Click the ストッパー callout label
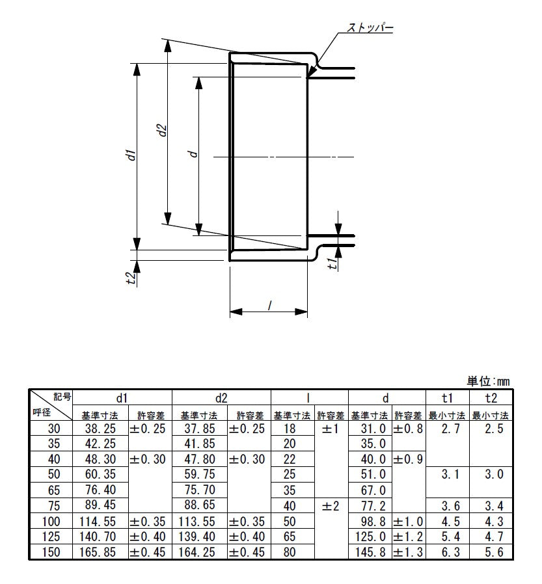(x=370, y=27)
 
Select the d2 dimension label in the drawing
(x=161, y=130)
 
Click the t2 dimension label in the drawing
(x=129, y=278)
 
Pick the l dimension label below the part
(x=269, y=305)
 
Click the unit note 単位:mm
(x=488, y=381)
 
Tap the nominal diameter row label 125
(x=51, y=537)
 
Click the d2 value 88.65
(x=200, y=505)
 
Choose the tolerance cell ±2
(x=330, y=506)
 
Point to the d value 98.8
(x=370, y=522)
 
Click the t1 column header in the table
(x=447, y=398)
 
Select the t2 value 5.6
(x=494, y=552)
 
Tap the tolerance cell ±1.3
(x=408, y=552)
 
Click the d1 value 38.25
(x=100, y=429)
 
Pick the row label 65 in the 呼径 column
(x=54, y=490)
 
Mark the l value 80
(x=290, y=552)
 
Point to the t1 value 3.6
(x=450, y=506)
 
